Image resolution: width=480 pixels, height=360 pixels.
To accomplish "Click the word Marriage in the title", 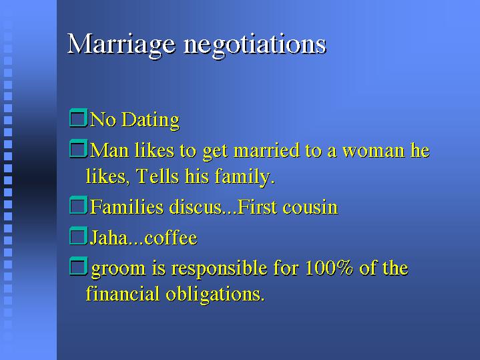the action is tap(122, 45).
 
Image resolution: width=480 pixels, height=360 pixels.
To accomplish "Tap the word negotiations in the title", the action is tap(255, 45).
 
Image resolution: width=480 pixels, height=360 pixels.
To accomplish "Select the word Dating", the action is tap(150, 119).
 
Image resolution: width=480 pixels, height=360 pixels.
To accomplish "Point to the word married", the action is tap(266, 150).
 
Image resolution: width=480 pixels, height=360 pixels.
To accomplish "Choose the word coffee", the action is tap(171, 238).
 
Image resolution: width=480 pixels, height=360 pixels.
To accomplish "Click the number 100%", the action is tap(328, 267).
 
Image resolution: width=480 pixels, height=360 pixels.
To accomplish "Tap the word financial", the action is tap(123, 293).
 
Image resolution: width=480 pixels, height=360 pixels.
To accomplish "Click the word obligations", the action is tap(215, 295).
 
